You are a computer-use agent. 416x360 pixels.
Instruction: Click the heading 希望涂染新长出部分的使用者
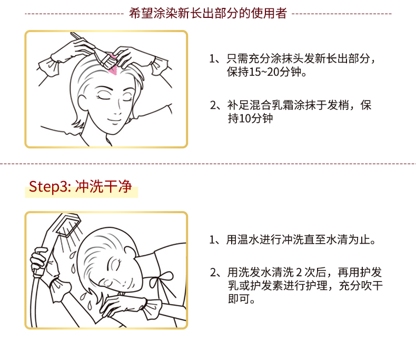pyautogui.click(x=207, y=13)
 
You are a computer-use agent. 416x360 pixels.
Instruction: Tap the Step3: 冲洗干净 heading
pyautogui.click(x=80, y=186)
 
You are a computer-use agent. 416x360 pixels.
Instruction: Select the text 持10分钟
pyautogui.click(x=250, y=118)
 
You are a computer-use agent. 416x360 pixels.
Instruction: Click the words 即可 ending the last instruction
pyautogui.click(x=239, y=299)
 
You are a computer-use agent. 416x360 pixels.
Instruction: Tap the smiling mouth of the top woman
pyautogui.click(x=115, y=121)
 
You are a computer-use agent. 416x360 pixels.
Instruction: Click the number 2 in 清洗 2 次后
pyautogui.click(x=299, y=273)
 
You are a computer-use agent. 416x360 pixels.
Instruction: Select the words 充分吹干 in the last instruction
pyautogui.click(x=361, y=286)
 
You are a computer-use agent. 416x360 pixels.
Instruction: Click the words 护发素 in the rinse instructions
pyautogui.click(x=266, y=286)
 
